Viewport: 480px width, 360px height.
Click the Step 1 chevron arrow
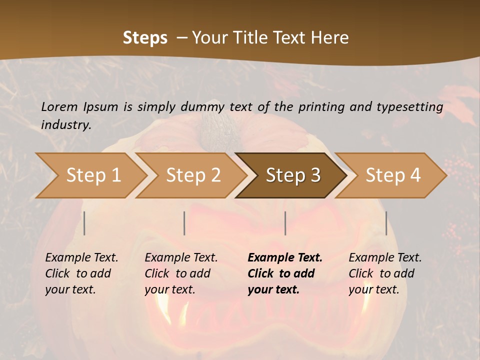click(x=92, y=175)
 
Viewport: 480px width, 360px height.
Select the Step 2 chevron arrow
click(x=192, y=175)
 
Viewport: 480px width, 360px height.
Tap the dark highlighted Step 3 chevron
click(x=292, y=175)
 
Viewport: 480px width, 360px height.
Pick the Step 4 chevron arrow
click(x=392, y=175)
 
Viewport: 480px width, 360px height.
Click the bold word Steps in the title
click(x=145, y=38)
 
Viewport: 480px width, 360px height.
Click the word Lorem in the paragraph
click(x=59, y=106)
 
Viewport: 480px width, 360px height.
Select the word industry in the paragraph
click(x=66, y=124)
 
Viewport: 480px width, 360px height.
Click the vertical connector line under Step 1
click(x=84, y=223)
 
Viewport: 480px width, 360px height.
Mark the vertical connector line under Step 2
click(x=184, y=223)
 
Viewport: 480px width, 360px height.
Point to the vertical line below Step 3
click(x=285, y=223)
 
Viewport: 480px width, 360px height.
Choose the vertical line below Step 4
click(x=386, y=223)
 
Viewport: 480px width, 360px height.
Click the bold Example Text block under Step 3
click(x=285, y=273)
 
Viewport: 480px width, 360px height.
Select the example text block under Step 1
click(x=81, y=273)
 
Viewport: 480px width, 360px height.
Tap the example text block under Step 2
click(x=181, y=273)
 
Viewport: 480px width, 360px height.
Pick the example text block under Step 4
click(x=385, y=273)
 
